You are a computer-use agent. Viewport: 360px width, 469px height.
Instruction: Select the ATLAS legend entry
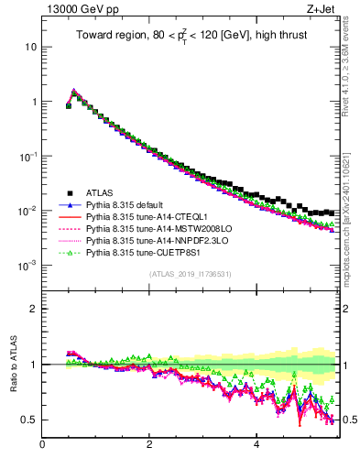coord(100,192)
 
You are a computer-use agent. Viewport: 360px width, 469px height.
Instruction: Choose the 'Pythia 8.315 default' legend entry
coord(129,204)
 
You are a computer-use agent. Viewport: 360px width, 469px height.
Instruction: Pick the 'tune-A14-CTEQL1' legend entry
coord(144,216)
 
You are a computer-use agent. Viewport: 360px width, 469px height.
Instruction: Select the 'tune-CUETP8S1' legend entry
coord(143,252)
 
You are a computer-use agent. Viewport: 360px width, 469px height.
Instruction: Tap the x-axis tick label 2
coord(149,445)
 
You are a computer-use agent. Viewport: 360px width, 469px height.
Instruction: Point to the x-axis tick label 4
coord(256,445)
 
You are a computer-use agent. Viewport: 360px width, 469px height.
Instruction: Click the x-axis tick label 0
coord(42,445)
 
